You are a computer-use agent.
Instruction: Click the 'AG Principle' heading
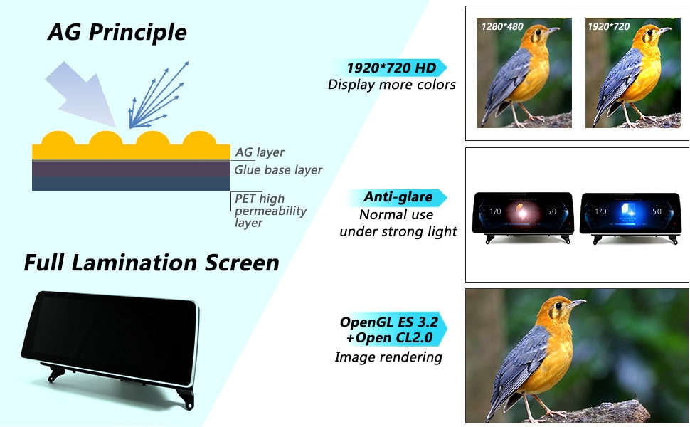tap(117, 33)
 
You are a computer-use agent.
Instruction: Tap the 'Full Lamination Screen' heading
tap(152, 263)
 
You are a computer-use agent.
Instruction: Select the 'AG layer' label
tap(260, 152)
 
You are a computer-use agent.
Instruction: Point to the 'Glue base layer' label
tap(278, 170)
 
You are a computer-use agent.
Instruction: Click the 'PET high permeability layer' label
tap(270, 211)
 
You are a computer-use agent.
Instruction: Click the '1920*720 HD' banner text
tap(391, 68)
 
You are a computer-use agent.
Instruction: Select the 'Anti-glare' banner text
tap(398, 196)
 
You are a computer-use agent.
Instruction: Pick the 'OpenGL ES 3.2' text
tap(389, 322)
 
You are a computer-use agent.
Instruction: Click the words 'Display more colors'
tap(392, 85)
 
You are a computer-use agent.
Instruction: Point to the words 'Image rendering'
tap(388, 357)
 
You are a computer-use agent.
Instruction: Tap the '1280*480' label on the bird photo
tap(502, 27)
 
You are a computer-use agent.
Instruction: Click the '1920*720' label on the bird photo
tap(609, 26)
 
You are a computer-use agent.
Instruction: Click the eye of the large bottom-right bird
tap(558, 305)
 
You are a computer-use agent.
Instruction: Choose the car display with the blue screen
tap(630, 215)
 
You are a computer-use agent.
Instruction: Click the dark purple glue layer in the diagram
tap(131, 169)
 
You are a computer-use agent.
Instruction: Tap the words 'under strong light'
tap(398, 231)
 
